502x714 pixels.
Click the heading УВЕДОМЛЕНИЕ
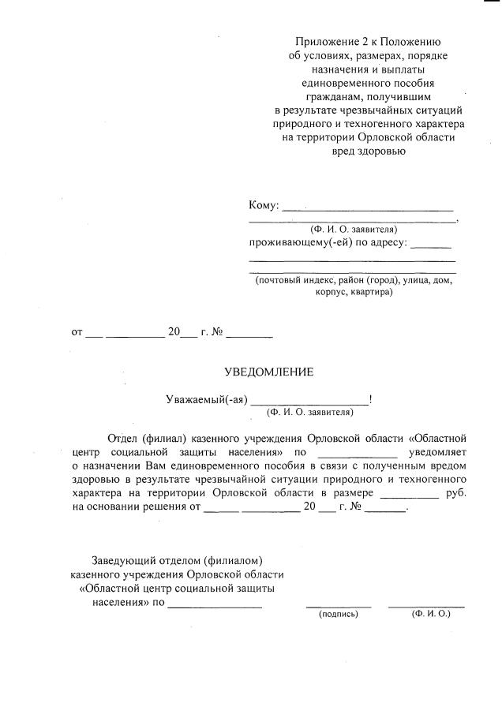(x=268, y=372)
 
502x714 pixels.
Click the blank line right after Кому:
(x=367, y=209)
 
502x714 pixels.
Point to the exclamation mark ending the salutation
(x=370, y=399)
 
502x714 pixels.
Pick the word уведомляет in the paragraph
(x=438, y=452)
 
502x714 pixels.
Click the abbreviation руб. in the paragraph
(x=456, y=493)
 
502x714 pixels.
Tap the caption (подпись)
(x=338, y=613)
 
